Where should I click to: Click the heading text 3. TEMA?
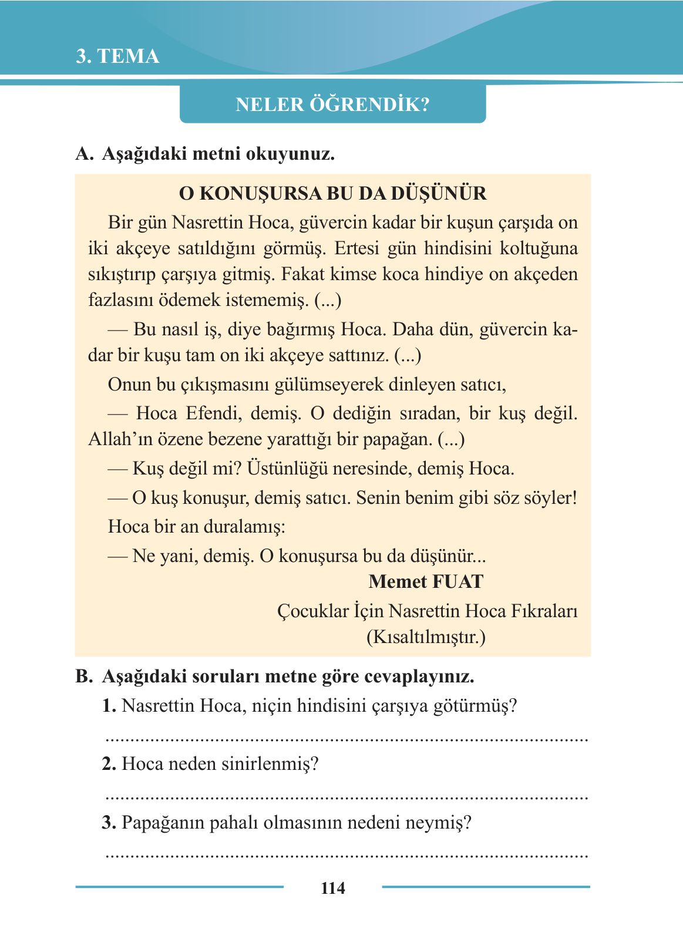pyautogui.click(x=117, y=56)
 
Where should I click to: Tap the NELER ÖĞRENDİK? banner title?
pyautogui.click(x=332, y=105)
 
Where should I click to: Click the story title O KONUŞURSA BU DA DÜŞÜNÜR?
pyautogui.click(x=332, y=193)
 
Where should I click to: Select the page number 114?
pyautogui.click(x=332, y=888)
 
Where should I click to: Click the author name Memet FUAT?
pyautogui.click(x=426, y=582)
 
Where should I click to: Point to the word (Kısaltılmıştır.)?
pyautogui.click(x=426, y=637)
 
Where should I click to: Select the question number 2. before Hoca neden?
pyautogui.click(x=109, y=764)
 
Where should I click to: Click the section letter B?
pyautogui.click(x=84, y=677)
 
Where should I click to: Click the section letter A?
pyautogui.click(x=84, y=154)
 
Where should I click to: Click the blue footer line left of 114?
pyautogui.click(x=179, y=887)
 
